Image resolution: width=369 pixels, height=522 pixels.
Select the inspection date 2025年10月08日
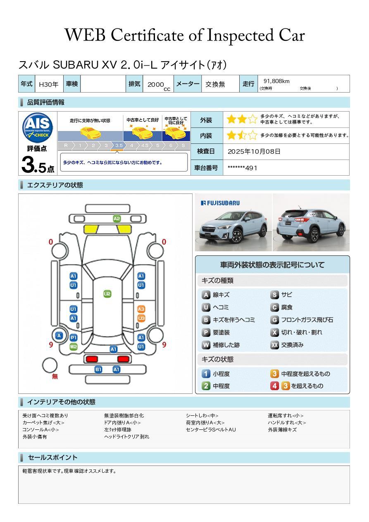pos(254,152)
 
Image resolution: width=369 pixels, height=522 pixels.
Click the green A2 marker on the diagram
pos(117,219)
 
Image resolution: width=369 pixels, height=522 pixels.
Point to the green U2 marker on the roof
pos(107,294)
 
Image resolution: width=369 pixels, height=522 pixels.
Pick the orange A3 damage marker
pos(141,309)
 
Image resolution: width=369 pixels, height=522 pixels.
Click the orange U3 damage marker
pos(141,318)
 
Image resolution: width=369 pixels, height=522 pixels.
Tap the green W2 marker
pos(73,347)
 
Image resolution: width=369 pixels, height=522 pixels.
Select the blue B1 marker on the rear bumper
pos(98,369)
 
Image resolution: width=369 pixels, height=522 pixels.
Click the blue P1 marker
pos(73,338)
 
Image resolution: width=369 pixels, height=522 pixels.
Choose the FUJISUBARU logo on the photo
pos(220,203)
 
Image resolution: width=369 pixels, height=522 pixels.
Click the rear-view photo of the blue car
pos(311,223)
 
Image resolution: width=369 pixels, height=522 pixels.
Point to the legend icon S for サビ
pos(274,295)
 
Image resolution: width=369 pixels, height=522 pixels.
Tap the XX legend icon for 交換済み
pos(274,345)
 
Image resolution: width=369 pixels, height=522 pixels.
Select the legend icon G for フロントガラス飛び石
pos(274,320)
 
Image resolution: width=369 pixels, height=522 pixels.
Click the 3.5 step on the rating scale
pos(119,145)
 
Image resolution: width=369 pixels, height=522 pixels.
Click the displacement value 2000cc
pos(158,85)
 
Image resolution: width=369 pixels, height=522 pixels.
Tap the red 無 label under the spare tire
pos(55,377)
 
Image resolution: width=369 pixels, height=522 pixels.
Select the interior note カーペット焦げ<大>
pos(43,423)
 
